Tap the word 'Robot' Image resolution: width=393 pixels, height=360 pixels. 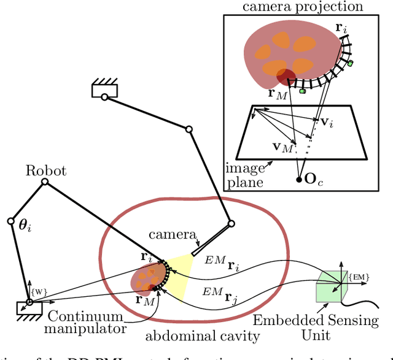(x=46, y=171)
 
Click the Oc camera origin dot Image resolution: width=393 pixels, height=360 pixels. (x=299, y=180)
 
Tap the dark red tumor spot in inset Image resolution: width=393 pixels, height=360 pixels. (x=286, y=78)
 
